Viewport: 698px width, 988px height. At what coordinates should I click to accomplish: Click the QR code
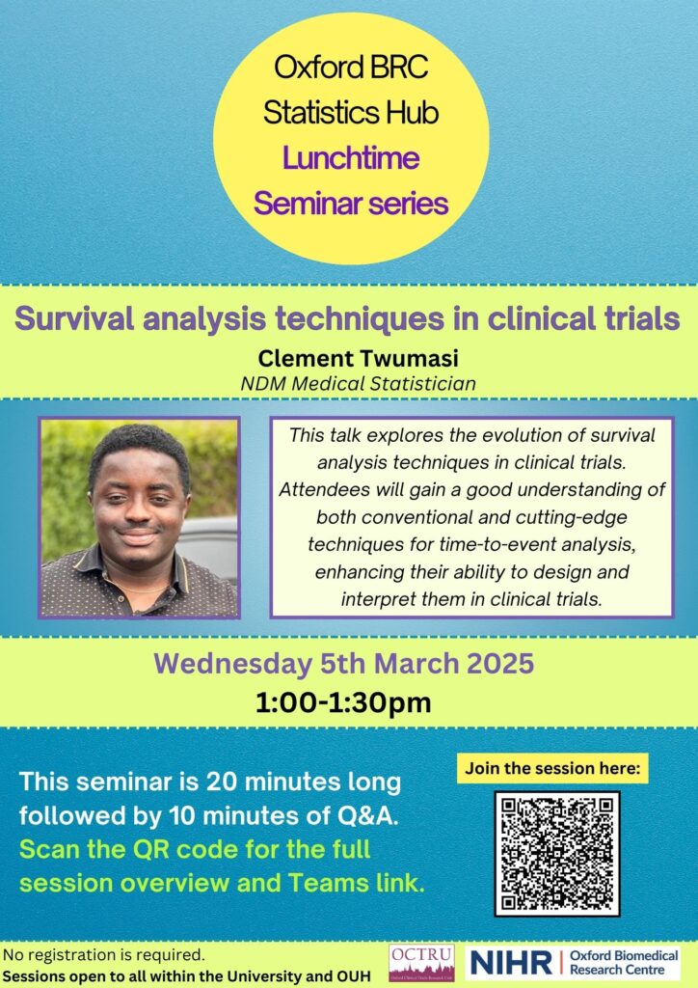click(x=556, y=853)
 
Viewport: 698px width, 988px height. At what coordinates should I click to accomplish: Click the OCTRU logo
click(x=420, y=962)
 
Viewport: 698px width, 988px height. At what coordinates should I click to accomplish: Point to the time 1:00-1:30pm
click(x=349, y=702)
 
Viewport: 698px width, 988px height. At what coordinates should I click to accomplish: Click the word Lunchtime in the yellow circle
click(x=350, y=159)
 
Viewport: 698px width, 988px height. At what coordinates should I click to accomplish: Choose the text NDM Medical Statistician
click(x=348, y=383)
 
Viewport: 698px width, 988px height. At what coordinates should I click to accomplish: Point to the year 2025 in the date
click(x=496, y=664)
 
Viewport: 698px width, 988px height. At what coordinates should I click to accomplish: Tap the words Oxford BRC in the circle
click(x=350, y=69)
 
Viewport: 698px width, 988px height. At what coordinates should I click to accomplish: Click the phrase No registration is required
click(x=104, y=955)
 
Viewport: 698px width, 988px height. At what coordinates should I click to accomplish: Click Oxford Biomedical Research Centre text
click(x=622, y=961)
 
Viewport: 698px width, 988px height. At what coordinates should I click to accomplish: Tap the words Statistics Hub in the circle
click(x=350, y=114)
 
